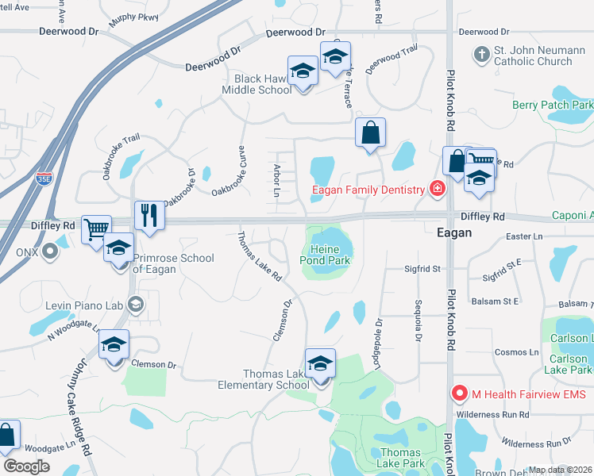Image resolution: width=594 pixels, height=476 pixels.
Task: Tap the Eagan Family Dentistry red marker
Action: (x=436, y=189)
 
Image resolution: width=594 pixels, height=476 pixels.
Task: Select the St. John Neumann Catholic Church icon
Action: (x=481, y=55)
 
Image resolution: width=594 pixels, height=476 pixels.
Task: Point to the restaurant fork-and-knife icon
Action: (x=148, y=214)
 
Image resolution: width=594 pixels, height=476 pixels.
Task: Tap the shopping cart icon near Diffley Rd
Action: (x=95, y=230)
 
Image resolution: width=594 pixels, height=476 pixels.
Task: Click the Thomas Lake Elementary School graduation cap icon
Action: (x=320, y=364)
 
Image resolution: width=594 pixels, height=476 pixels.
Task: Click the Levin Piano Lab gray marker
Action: (x=135, y=303)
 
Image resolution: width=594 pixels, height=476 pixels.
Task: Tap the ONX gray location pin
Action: (x=50, y=252)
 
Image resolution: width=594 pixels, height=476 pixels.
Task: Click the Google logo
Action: (x=27, y=466)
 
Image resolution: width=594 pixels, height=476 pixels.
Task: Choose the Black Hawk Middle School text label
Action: (x=263, y=84)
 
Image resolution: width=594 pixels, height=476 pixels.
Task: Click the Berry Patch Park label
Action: (x=553, y=105)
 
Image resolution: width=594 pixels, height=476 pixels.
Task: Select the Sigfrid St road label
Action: (x=422, y=269)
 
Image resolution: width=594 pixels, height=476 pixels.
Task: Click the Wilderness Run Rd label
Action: (x=492, y=415)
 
